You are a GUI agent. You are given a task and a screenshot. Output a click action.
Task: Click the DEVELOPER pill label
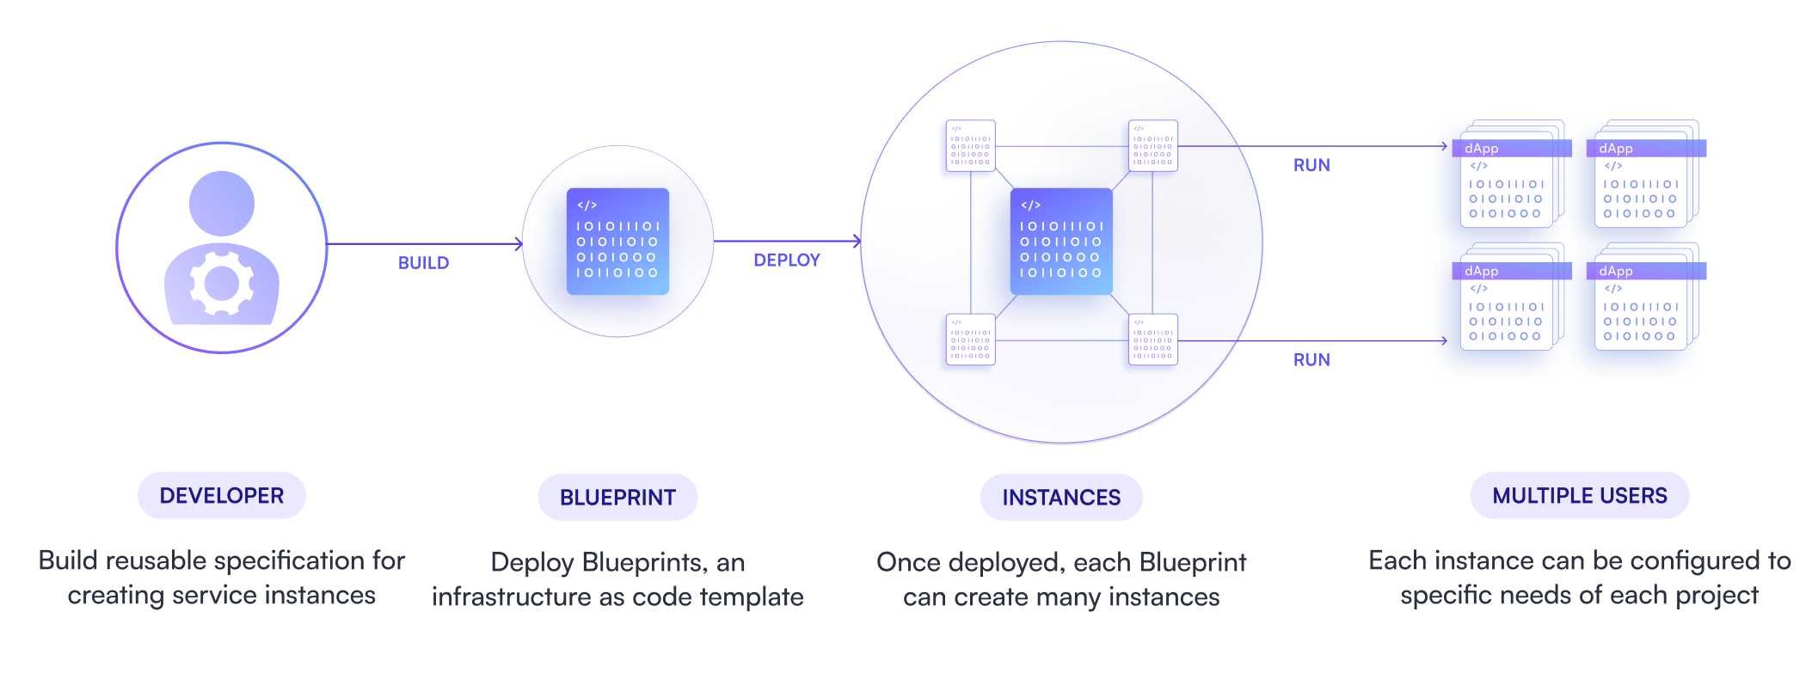click(221, 496)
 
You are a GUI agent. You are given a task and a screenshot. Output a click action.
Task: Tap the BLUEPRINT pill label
click(617, 498)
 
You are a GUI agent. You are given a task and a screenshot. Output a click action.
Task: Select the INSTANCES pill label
click(1061, 498)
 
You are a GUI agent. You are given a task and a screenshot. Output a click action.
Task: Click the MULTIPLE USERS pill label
click(1579, 496)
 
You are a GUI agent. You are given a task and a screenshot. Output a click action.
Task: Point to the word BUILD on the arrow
click(423, 263)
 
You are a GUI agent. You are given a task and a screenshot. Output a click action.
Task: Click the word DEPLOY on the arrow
click(786, 260)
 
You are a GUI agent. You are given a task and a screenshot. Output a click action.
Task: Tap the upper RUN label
click(1311, 165)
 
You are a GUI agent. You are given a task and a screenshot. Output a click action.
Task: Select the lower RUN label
click(1311, 360)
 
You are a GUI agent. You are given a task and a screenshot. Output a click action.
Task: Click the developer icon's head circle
click(222, 204)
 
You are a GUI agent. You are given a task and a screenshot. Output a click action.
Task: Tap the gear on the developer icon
click(222, 283)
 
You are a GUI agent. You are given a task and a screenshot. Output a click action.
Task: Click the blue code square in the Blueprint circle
click(617, 242)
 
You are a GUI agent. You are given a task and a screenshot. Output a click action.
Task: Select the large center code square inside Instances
click(1061, 242)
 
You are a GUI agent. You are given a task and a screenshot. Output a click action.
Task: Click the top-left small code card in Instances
click(970, 146)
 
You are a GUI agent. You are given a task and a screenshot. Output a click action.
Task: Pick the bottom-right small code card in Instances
click(1152, 340)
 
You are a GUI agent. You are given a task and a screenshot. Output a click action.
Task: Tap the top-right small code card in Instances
click(1152, 146)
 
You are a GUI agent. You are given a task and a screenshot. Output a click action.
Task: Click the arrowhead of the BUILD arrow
click(519, 244)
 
